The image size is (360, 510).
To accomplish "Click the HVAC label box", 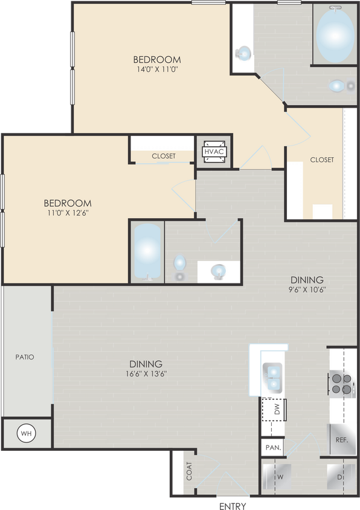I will click(x=214, y=152).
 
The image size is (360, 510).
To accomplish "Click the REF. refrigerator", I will click(x=342, y=441).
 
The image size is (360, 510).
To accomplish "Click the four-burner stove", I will click(x=340, y=384).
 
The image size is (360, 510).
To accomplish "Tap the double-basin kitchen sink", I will click(x=272, y=376).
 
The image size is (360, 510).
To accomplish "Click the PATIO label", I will click(x=25, y=357).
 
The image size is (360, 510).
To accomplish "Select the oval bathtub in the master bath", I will click(x=335, y=37).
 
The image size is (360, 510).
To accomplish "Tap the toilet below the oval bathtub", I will click(x=336, y=86).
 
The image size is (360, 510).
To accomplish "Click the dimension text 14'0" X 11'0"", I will click(x=157, y=69).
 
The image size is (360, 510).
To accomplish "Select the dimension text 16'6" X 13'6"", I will click(x=146, y=373).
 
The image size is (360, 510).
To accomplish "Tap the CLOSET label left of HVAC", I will click(x=163, y=156).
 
